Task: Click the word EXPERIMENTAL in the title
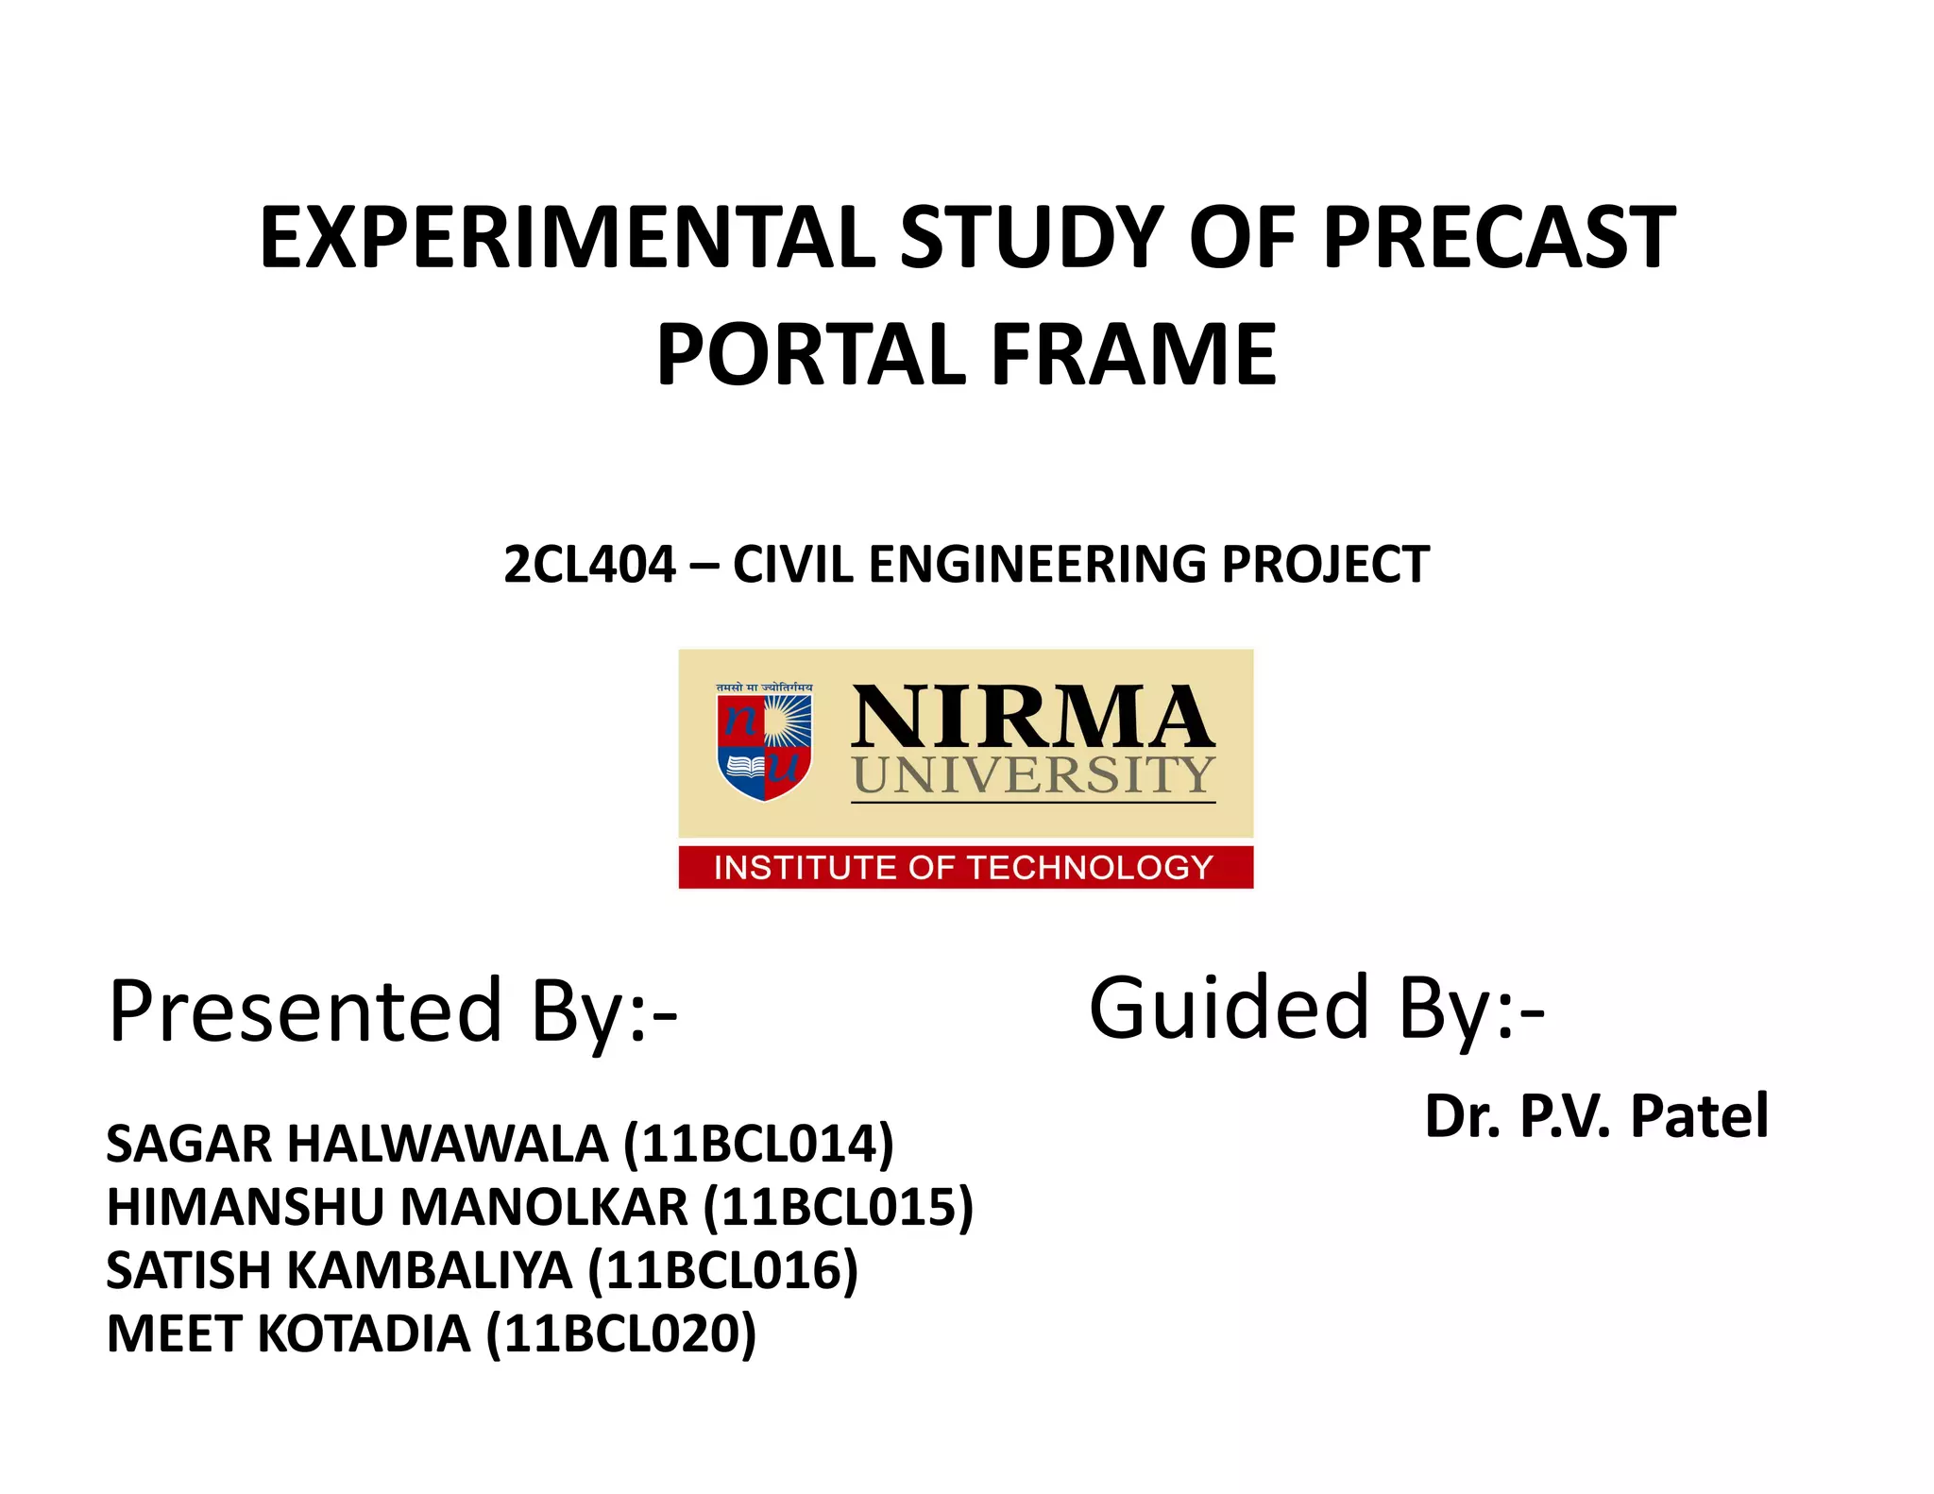coord(567,238)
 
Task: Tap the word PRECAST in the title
coord(1499,238)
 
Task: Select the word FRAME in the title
coord(1133,355)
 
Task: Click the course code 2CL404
coord(589,565)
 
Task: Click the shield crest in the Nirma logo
coord(765,742)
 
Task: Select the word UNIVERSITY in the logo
coord(1033,776)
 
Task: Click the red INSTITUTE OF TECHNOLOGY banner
coord(965,867)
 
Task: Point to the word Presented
coord(305,1011)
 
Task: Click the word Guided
coord(1229,1009)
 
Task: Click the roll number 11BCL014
coord(758,1145)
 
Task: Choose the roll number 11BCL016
coord(722,1271)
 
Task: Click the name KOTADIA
coord(364,1334)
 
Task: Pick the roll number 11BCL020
coord(621,1334)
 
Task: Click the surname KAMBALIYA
coord(430,1271)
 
